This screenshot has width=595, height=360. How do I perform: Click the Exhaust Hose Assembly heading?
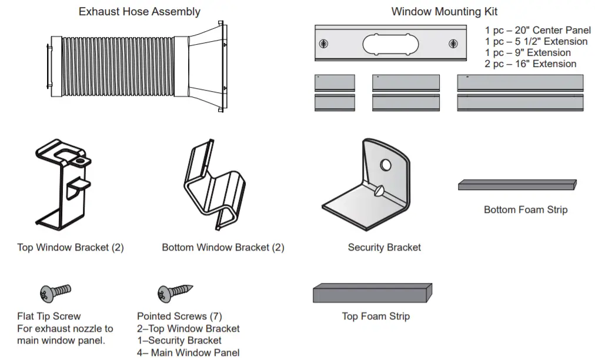(x=139, y=12)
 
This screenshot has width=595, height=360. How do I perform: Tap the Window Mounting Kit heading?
(x=444, y=12)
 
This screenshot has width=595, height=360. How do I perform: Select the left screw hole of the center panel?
(x=323, y=44)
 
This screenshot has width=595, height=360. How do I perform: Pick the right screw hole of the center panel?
(x=453, y=44)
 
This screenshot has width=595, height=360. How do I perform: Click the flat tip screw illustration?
(x=55, y=292)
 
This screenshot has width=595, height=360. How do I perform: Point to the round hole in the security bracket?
(x=386, y=165)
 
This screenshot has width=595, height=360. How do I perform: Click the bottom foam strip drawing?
(x=517, y=185)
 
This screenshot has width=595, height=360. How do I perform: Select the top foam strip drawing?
(x=373, y=292)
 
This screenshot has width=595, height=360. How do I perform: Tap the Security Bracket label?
(x=385, y=248)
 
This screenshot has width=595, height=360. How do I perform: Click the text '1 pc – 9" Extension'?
(x=527, y=53)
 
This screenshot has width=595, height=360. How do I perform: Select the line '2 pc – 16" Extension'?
(x=530, y=64)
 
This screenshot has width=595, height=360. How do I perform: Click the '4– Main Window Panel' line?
(x=188, y=353)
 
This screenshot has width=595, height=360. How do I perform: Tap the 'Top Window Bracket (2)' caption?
(x=71, y=248)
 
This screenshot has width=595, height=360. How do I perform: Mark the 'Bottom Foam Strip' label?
(x=526, y=210)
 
